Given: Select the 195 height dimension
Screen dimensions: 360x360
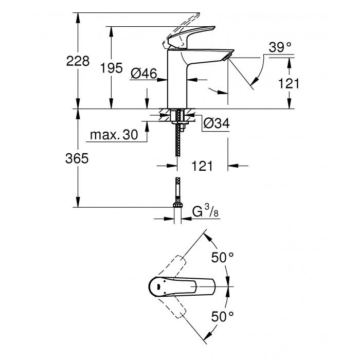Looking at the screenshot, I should point(111,67).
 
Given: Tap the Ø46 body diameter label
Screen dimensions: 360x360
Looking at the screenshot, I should point(143,74).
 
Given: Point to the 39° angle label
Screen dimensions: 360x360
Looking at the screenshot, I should point(280,47).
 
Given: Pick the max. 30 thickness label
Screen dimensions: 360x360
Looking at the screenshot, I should point(114,135).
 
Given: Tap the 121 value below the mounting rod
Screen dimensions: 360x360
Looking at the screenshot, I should point(202,166).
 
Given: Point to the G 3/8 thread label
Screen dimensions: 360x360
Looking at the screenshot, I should point(204,211).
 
